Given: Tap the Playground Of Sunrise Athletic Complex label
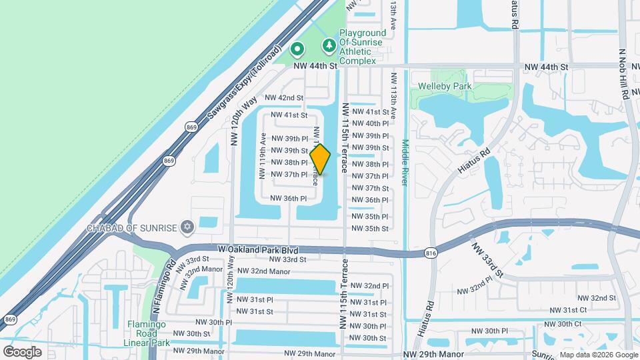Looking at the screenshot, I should point(363,47).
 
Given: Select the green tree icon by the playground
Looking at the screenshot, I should point(328,45).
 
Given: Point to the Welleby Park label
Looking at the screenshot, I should point(445,86).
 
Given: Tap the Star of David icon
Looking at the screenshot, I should point(187,228).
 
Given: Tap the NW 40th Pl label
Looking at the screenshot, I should point(370,123).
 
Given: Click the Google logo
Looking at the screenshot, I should point(22,351).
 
